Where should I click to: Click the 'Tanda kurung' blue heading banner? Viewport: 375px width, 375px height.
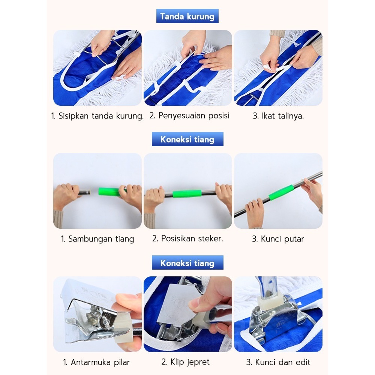click(x=187, y=16)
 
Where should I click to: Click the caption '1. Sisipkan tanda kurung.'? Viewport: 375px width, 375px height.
click(x=97, y=116)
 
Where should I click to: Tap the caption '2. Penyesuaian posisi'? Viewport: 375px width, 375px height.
click(x=189, y=116)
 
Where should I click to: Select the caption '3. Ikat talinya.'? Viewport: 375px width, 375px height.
click(x=278, y=116)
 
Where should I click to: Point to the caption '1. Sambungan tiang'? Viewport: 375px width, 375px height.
click(x=97, y=239)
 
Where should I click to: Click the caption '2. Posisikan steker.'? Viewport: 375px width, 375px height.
click(x=187, y=238)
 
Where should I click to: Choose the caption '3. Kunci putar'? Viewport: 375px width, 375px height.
click(x=278, y=239)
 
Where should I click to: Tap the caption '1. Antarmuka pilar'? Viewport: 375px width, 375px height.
click(x=96, y=362)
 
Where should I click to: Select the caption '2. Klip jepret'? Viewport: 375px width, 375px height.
click(x=185, y=362)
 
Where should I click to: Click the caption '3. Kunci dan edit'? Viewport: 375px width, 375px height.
click(x=278, y=362)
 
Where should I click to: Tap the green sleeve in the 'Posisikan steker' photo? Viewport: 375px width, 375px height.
click(x=187, y=194)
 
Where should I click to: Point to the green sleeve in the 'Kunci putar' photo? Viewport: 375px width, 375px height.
click(x=280, y=192)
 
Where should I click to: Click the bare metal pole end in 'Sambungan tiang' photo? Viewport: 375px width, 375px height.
click(x=84, y=192)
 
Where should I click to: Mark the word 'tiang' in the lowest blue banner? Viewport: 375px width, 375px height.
click(x=204, y=263)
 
